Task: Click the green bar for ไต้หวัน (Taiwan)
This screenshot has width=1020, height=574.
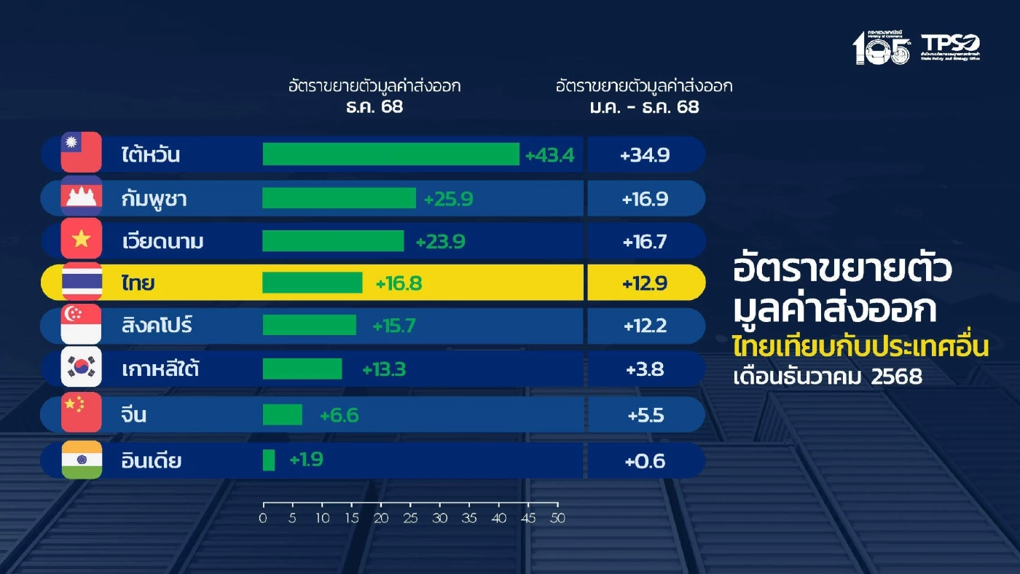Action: click(x=391, y=154)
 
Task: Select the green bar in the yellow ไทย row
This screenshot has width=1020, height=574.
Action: click(x=312, y=283)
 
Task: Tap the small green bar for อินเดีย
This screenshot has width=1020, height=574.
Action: click(x=268, y=460)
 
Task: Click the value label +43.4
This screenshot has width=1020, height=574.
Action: click(x=549, y=155)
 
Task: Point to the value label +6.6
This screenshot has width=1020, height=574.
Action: click(x=339, y=415)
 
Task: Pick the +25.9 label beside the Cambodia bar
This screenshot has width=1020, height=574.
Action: click(x=447, y=198)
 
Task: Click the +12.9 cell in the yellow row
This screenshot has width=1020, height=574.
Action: click(x=645, y=283)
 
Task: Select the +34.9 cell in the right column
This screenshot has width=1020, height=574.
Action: click(x=645, y=155)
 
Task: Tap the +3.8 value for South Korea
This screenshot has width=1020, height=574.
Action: click(x=645, y=369)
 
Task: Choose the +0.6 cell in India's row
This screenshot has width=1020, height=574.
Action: click(x=645, y=461)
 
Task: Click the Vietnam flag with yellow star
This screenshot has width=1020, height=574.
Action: click(x=82, y=239)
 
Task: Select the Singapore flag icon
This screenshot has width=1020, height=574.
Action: click(x=82, y=325)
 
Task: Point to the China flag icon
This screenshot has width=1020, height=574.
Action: click(x=82, y=412)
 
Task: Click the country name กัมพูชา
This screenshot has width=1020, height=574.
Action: click(x=154, y=199)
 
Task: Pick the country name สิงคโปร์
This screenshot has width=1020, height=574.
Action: click(x=157, y=326)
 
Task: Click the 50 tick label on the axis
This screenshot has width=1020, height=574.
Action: click(x=557, y=519)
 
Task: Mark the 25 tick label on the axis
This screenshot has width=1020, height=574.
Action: click(x=410, y=519)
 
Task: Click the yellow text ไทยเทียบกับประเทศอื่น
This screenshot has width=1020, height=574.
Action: click(x=860, y=347)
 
